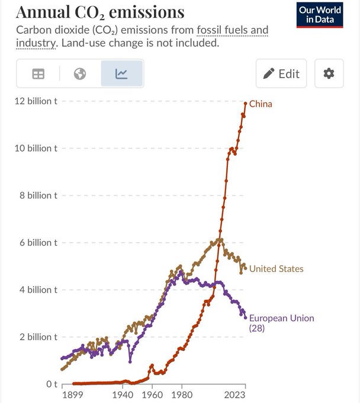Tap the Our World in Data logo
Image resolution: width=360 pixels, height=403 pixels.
click(320, 14)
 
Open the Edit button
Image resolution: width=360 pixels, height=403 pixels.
click(281, 73)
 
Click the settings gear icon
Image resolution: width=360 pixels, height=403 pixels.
click(329, 73)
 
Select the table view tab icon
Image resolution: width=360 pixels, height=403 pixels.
click(38, 73)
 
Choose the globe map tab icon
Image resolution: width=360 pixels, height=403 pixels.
click(80, 73)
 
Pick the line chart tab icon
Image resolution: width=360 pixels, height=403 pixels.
click(121, 73)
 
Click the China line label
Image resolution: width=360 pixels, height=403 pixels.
click(261, 104)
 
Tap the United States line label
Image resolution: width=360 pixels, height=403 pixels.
click(276, 268)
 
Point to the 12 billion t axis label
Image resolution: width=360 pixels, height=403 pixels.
click(36, 101)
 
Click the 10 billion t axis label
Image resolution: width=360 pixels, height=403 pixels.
click(36, 148)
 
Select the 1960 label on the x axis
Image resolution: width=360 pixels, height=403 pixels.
click(152, 395)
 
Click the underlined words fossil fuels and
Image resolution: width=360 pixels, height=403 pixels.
click(232, 30)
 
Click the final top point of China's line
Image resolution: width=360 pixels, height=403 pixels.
click(246, 103)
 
